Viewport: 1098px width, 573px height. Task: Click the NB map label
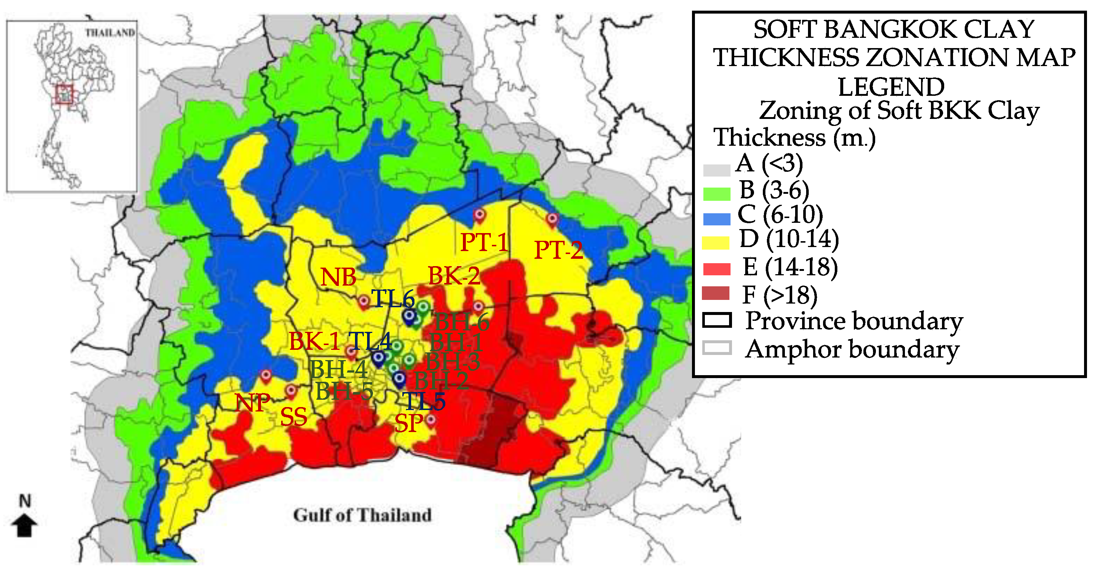[x=338, y=277]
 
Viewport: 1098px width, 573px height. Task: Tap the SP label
[x=409, y=423]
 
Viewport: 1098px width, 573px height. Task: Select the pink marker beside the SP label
[x=431, y=420]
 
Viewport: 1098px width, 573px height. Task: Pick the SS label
[x=294, y=417]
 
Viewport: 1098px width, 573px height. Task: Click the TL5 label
[x=424, y=401]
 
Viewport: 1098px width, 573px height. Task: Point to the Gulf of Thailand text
[x=362, y=515]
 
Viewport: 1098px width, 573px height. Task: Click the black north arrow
[x=24, y=525]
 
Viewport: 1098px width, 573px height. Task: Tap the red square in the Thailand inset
[x=64, y=95]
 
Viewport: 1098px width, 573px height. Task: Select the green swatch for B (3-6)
[x=717, y=195]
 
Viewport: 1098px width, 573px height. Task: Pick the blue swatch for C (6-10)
[x=717, y=219]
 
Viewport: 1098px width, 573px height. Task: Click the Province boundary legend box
[x=717, y=320]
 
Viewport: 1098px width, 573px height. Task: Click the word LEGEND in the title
[x=891, y=87]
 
